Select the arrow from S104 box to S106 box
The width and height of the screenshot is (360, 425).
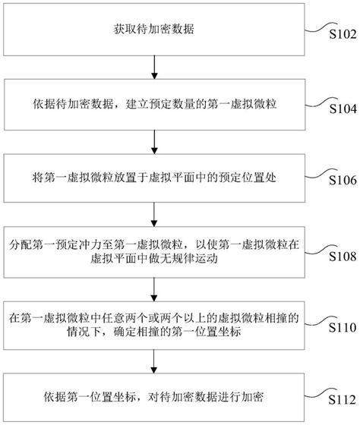[155, 140]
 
